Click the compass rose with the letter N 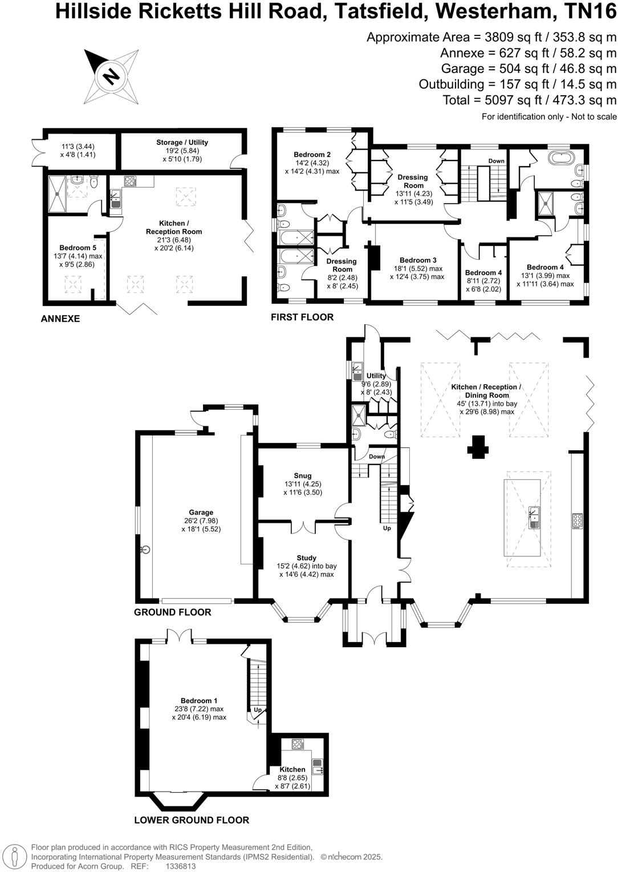[111, 75]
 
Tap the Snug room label [303, 475]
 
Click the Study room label [306, 558]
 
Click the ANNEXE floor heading [60, 319]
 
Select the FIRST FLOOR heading [302, 317]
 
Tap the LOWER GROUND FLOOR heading [192, 820]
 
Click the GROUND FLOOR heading [173, 612]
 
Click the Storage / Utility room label [182, 142]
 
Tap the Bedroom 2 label [312, 155]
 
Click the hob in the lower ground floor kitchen [298, 744]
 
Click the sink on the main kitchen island [534, 516]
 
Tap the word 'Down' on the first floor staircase [496, 161]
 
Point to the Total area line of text [530, 100]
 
